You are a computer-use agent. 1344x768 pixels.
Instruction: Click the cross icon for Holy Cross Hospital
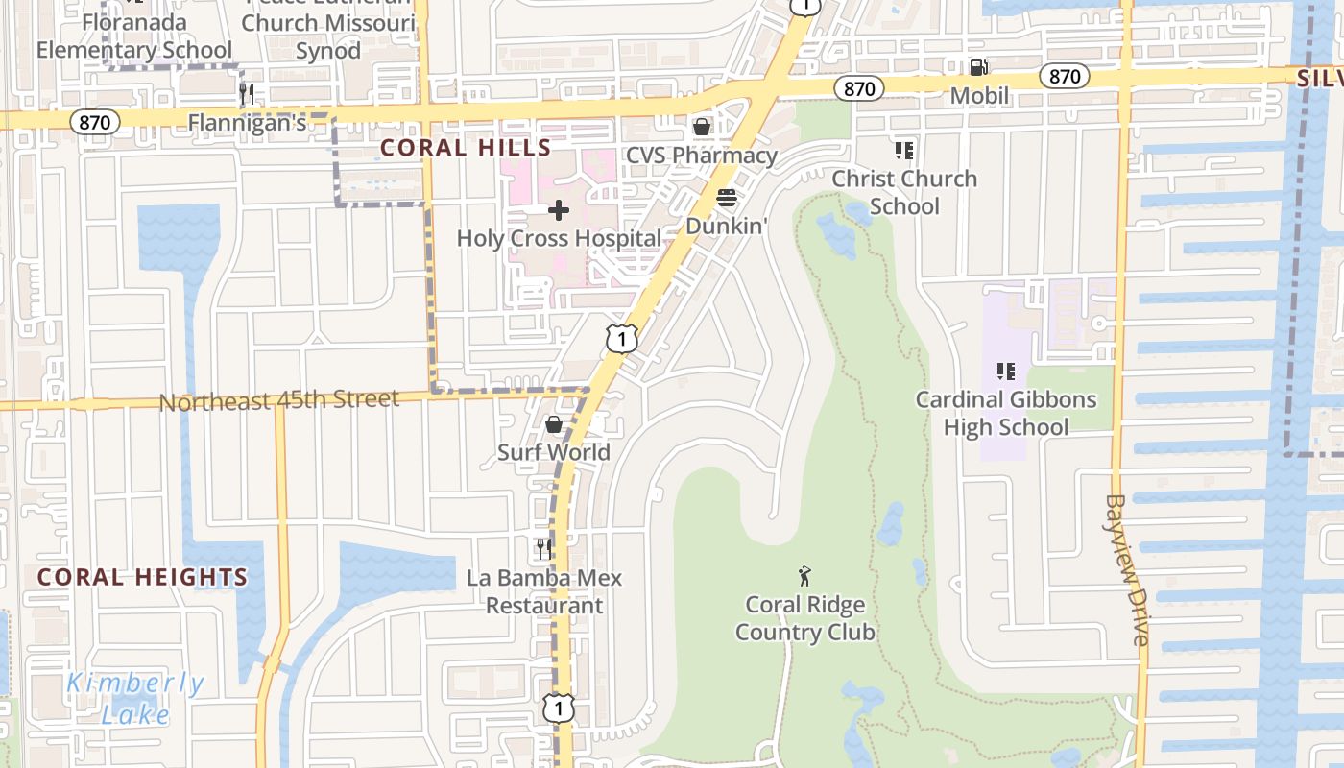tap(559, 210)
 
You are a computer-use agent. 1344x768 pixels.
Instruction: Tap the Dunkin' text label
tap(727, 227)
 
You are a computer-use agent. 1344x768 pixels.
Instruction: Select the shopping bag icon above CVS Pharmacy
tap(702, 127)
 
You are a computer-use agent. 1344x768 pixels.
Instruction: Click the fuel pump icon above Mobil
tap(978, 67)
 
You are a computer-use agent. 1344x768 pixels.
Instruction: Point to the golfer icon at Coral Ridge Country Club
tap(804, 576)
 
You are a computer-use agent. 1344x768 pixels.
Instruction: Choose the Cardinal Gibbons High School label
tap(1005, 413)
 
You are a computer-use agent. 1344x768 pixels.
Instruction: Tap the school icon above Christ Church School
tap(903, 150)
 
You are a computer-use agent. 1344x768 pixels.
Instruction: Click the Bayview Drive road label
tap(1126, 569)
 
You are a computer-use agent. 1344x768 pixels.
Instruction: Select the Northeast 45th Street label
tap(278, 399)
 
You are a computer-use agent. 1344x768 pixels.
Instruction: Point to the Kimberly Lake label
tap(135, 698)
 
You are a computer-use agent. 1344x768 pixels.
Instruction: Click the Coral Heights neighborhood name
tap(142, 577)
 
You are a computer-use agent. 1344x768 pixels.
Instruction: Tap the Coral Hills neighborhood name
tap(466, 148)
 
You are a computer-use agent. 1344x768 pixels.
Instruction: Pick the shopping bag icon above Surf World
tap(554, 424)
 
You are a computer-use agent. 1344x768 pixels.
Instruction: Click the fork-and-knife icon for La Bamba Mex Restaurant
tap(543, 549)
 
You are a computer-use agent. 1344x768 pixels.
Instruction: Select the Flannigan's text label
tap(247, 123)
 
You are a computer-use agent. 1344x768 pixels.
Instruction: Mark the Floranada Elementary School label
tap(134, 36)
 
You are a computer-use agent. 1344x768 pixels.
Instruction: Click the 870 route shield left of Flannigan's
tap(94, 122)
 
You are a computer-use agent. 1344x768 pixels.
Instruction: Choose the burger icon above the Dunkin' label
tap(727, 199)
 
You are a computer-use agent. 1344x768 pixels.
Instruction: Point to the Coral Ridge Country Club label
tap(804, 618)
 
